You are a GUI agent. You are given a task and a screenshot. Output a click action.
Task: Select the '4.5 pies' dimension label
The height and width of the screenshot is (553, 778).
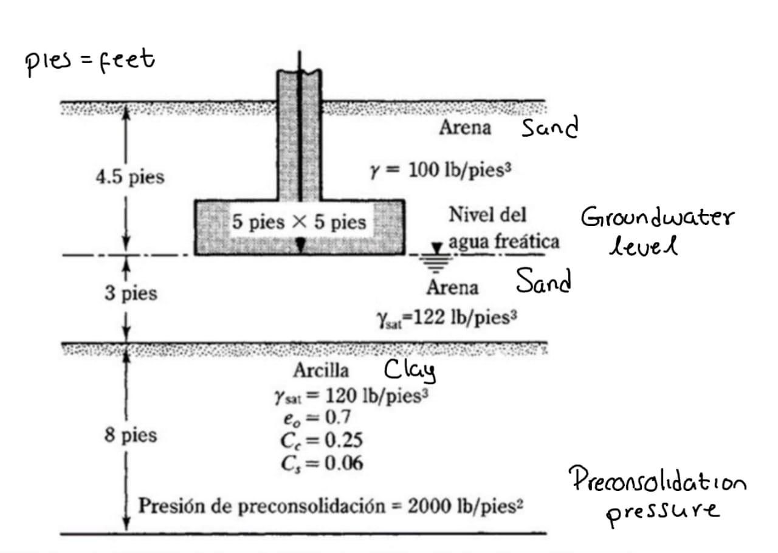(x=129, y=177)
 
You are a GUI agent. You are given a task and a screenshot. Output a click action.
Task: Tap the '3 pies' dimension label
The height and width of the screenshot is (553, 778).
(x=130, y=294)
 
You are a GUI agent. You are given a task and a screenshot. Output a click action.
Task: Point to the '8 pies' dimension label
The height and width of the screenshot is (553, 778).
(x=130, y=435)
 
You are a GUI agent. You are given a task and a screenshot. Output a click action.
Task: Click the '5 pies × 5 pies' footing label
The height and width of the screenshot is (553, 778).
(x=299, y=222)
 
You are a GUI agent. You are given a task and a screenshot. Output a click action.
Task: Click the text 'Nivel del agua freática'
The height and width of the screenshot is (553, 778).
(x=503, y=228)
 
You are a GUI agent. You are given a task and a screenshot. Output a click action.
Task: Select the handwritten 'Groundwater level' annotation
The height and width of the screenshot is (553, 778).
(x=657, y=230)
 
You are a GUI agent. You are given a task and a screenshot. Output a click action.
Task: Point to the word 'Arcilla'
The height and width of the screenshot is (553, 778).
(x=321, y=370)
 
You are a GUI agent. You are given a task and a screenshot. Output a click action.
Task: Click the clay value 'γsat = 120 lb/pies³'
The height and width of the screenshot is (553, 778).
(x=351, y=396)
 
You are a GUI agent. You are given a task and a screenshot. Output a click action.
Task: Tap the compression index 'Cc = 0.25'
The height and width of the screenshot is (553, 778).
(x=322, y=441)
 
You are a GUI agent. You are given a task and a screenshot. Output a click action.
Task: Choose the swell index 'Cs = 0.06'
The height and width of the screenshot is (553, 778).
(x=322, y=464)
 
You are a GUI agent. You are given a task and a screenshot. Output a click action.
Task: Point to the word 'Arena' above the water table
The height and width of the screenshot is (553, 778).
(x=465, y=128)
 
